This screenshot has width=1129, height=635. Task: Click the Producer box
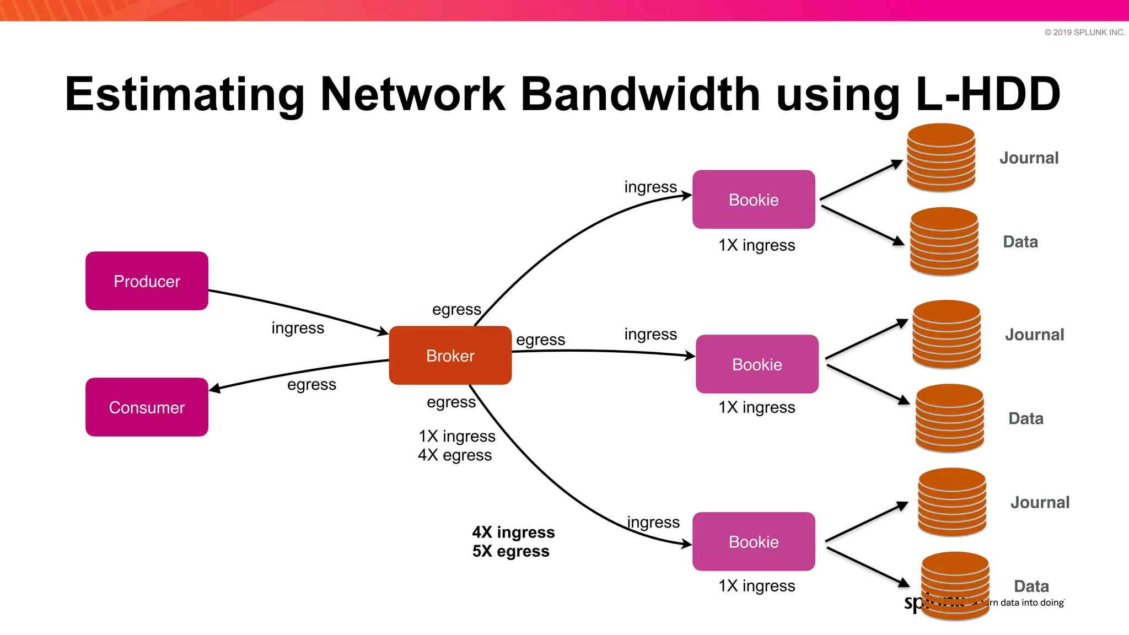point(147,281)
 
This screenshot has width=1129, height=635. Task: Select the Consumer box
point(147,407)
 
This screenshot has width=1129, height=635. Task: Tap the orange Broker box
point(450,356)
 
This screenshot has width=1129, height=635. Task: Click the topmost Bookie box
point(754,200)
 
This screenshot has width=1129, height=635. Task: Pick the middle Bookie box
point(757,364)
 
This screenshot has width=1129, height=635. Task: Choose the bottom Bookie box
point(754,542)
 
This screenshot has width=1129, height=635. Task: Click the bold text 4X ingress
point(513,532)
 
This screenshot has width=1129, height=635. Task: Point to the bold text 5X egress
point(510,551)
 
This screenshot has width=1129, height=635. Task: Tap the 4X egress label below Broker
point(455,455)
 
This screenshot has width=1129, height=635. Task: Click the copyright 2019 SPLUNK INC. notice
point(1084,33)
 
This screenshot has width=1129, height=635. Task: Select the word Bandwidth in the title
point(640,94)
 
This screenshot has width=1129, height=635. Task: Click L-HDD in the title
point(987,94)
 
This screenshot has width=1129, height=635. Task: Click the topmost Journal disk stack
point(941,158)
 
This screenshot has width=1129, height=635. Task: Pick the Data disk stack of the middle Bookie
point(949,418)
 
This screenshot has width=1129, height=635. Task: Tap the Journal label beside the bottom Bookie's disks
point(1040,502)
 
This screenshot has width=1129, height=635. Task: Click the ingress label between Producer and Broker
point(298,328)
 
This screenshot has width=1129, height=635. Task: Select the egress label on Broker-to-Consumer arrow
point(311,384)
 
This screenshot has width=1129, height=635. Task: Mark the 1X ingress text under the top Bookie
point(756,245)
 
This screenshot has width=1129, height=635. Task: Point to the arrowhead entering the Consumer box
point(214,389)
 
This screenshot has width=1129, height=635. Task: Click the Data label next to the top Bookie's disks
point(1020,241)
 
